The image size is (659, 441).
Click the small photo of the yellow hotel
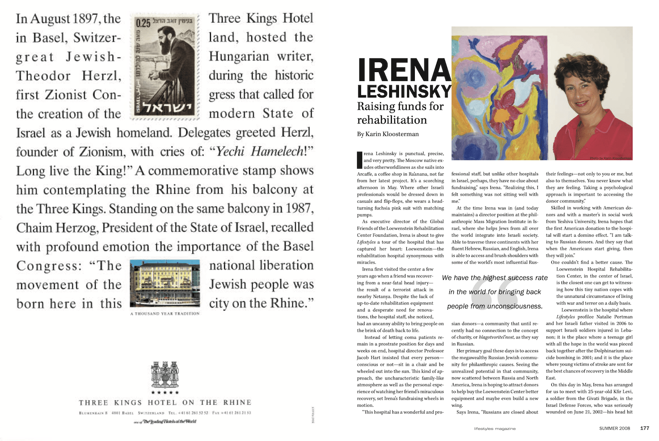pyautogui.click(x=165, y=283)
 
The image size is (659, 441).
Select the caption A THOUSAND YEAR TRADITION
pyautogui.click(x=165, y=314)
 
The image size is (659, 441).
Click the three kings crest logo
pyautogui.click(x=165, y=374)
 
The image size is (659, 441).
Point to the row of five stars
pyautogui.click(x=165, y=392)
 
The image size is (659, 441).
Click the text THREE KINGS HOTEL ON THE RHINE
pyautogui.click(x=165, y=402)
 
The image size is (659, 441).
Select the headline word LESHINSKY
pyautogui.click(x=404, y=91)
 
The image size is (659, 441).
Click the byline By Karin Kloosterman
pyautogui.click(x=387, y=134)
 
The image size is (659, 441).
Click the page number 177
pyautogui.click(x=644, y=428)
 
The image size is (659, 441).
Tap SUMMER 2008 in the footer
pyautogui.click(x=615, y=428)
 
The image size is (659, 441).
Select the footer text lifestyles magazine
pyautogui.click(x=495, y=428)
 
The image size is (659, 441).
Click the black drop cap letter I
pyautogui.click(x=359, y=160)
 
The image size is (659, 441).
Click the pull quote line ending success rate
pyautogui.click(x=495, y=278)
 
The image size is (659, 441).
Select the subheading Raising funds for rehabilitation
pyautogui.click(x=400, y=113)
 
